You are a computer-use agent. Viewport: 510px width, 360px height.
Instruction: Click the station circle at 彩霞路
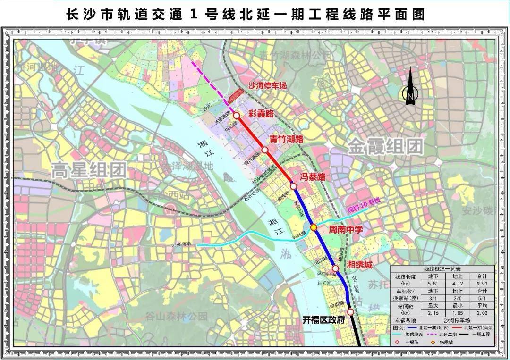coord(237,115)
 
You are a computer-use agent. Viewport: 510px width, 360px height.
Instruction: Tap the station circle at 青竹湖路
coord(265,150)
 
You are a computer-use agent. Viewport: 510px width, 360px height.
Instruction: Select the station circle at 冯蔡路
coord(294,186)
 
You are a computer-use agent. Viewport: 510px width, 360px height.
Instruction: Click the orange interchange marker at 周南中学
coord(314,228)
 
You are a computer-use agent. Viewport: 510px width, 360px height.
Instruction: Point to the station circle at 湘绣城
coord(335,268)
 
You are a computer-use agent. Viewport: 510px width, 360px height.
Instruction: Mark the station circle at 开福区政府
coord(350,312)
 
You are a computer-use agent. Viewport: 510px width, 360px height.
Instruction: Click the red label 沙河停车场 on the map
coord(267,86)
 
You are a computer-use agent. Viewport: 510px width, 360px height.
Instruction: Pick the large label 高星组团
coord(89,169)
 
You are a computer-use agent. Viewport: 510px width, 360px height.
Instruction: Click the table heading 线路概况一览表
coord(442,268)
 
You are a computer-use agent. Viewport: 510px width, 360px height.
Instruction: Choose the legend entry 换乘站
coord(442,342)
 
